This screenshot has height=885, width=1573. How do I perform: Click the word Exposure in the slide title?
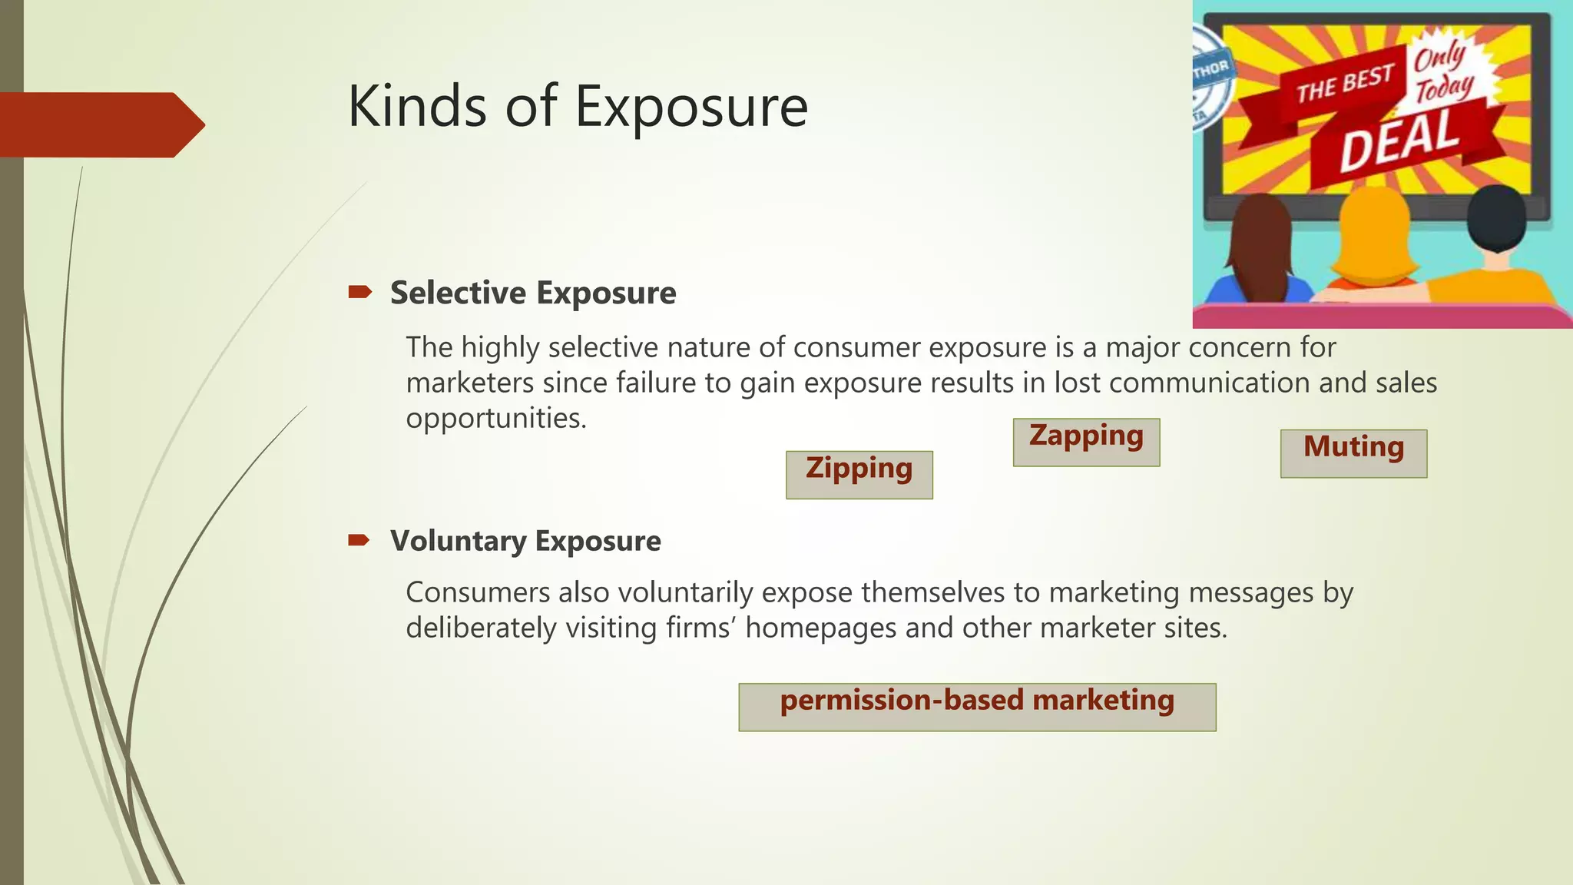[691, 108]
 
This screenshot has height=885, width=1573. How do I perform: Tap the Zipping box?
[859, 474]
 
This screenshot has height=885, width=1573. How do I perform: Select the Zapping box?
[1086, 442]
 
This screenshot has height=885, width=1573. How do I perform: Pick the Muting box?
[1353, 453]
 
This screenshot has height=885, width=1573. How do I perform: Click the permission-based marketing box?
[977, 706]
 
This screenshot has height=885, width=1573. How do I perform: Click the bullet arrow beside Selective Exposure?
[359, 292]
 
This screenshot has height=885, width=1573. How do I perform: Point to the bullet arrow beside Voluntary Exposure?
[359, 540]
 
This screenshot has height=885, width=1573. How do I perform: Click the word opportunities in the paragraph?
[495, 419]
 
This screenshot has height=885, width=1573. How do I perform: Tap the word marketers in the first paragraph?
[469, 383]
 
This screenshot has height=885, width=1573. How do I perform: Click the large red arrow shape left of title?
[100, 124]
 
